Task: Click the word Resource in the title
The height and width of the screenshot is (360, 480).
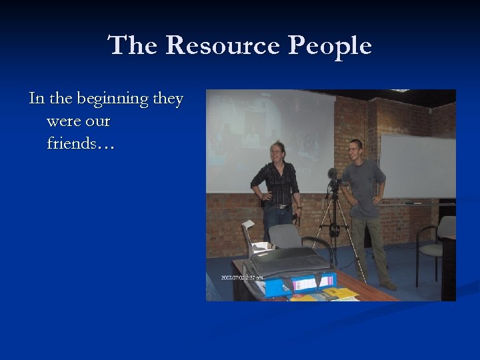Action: pyautogui.click(x=222, y=45)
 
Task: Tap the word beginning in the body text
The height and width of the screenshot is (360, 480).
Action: pyautogui.click(x=112, y=99)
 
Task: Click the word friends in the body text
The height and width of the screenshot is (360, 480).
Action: pyautogui.click(x=72, y=143)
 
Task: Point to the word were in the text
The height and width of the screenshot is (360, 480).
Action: pyautogui.click(x=63, y=121)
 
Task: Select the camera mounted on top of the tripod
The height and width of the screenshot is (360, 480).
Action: pyautogui.click(x=334, y=178)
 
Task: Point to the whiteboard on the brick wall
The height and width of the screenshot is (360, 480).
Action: pyautogui.click(x=417, y=167)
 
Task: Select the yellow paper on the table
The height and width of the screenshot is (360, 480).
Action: pyautogui.click(x=340, y=293)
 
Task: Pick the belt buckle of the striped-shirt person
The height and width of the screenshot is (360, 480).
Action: pyautogui.click(x=283, y=207)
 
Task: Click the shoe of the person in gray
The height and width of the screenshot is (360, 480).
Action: pyautogui.click(x=389, y=285)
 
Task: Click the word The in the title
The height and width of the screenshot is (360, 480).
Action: pyautogui.click(x=133, y=45)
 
